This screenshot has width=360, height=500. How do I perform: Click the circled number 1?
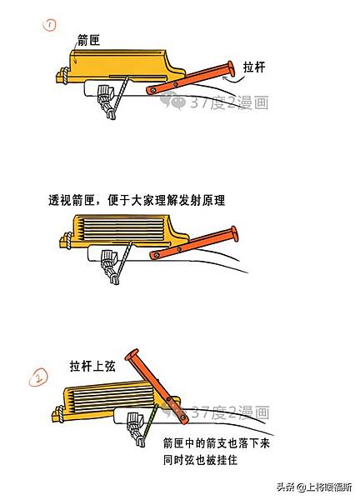[x=50, y=25]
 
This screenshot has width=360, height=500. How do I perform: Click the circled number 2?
[x=38, y=377]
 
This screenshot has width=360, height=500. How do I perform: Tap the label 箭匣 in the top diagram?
[x=89, y=40]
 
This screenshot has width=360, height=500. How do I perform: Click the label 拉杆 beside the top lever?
[x=254, y=67]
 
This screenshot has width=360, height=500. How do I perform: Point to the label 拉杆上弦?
[x=92, y=366]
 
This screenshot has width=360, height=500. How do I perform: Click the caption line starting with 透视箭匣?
[x=137, y=200]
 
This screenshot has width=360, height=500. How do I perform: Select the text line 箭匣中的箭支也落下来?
[x=217, y=443]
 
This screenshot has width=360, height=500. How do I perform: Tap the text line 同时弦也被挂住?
[x=200, y=460]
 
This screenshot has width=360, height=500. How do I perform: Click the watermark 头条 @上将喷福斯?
[x=314, y=487]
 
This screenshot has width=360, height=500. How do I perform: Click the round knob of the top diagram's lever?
[x=231, y=69]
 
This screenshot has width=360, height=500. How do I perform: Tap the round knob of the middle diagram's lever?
[x=234, y=233]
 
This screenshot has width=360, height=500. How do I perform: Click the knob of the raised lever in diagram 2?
[x=132, y=355]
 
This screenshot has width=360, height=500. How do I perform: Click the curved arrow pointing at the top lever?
[x=236, y=80]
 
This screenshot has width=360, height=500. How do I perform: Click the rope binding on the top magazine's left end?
[x=65, y=76]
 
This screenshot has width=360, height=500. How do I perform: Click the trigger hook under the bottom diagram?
[x=136, y=428]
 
